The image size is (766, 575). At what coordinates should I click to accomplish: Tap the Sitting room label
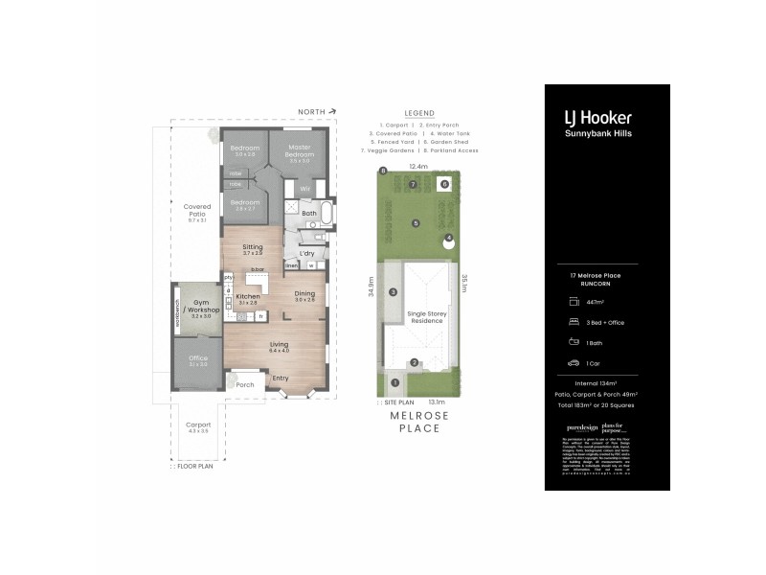(253, 247)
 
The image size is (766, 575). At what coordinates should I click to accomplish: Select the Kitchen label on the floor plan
(247, 297)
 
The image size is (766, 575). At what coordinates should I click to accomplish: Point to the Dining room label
(304, 294)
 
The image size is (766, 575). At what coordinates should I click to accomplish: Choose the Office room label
(198, 359)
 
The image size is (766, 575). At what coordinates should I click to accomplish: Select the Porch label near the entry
(245, 384)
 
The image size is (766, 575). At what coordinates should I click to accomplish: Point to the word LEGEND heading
(419, 112)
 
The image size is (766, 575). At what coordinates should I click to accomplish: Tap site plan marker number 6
(444, 183)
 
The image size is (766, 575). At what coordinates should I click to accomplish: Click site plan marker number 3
(393, 292)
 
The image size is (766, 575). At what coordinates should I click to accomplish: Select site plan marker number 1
(394, 382)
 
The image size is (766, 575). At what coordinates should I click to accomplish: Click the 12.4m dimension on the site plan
(418, 167)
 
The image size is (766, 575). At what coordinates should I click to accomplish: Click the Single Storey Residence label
(427, 317)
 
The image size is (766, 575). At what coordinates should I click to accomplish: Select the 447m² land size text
(595, 302)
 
